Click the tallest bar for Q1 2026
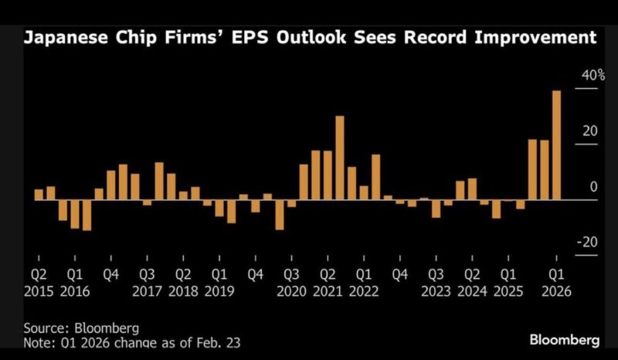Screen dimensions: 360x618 pos(556,145)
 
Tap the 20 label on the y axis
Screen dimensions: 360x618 pos(589,131)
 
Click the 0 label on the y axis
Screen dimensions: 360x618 pos(593,187)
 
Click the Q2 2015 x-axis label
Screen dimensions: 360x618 pos(38,283)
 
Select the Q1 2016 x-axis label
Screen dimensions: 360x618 pos(74,283)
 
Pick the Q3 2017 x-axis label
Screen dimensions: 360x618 pos(148,283)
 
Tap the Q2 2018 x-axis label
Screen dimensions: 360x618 pos(184,283)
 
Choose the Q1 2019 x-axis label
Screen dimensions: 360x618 pos(220,283)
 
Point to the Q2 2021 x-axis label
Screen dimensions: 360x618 pos(328,283)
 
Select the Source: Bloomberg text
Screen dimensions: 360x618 pos(75,328)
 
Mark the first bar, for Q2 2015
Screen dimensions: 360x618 pos(39,195)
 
